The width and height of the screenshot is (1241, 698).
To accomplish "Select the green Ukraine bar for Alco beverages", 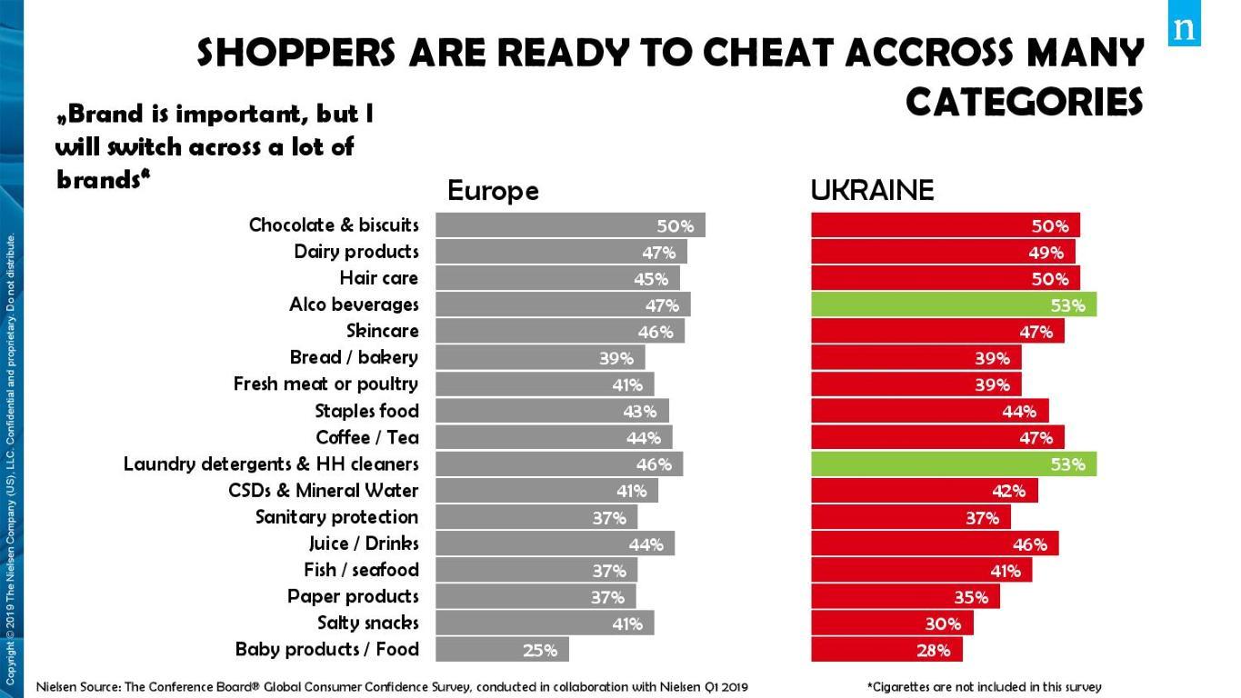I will point(953,304).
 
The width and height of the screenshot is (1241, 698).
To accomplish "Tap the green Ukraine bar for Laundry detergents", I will point(953,464).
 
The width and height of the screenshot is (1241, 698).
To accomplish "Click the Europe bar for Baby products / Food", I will point(502,649).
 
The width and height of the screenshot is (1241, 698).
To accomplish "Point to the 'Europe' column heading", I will point(493,191).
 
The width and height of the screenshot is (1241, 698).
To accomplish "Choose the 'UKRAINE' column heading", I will point(872,191).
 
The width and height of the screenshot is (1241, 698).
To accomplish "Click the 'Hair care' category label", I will point(379,278).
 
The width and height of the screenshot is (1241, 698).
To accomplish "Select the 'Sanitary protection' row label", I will point(336,517).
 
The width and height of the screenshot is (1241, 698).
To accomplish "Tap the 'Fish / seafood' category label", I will point(361,570).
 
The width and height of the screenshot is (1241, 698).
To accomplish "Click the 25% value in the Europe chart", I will point(539,650).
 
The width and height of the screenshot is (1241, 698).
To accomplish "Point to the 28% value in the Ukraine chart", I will point(933,650).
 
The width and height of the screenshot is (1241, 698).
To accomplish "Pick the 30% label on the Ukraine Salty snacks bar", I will point(943,623).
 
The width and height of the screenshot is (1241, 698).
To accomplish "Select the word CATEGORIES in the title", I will point(1024,102).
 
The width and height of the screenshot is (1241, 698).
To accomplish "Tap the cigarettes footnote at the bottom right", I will point(985,687).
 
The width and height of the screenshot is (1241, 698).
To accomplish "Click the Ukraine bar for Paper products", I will point(905,596).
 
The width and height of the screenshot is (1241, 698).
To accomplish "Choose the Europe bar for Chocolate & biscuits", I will point(569,225).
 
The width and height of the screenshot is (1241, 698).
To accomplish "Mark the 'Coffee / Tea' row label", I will point(367,437).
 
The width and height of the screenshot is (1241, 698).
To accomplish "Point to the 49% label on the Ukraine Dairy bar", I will point(1046,253).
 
